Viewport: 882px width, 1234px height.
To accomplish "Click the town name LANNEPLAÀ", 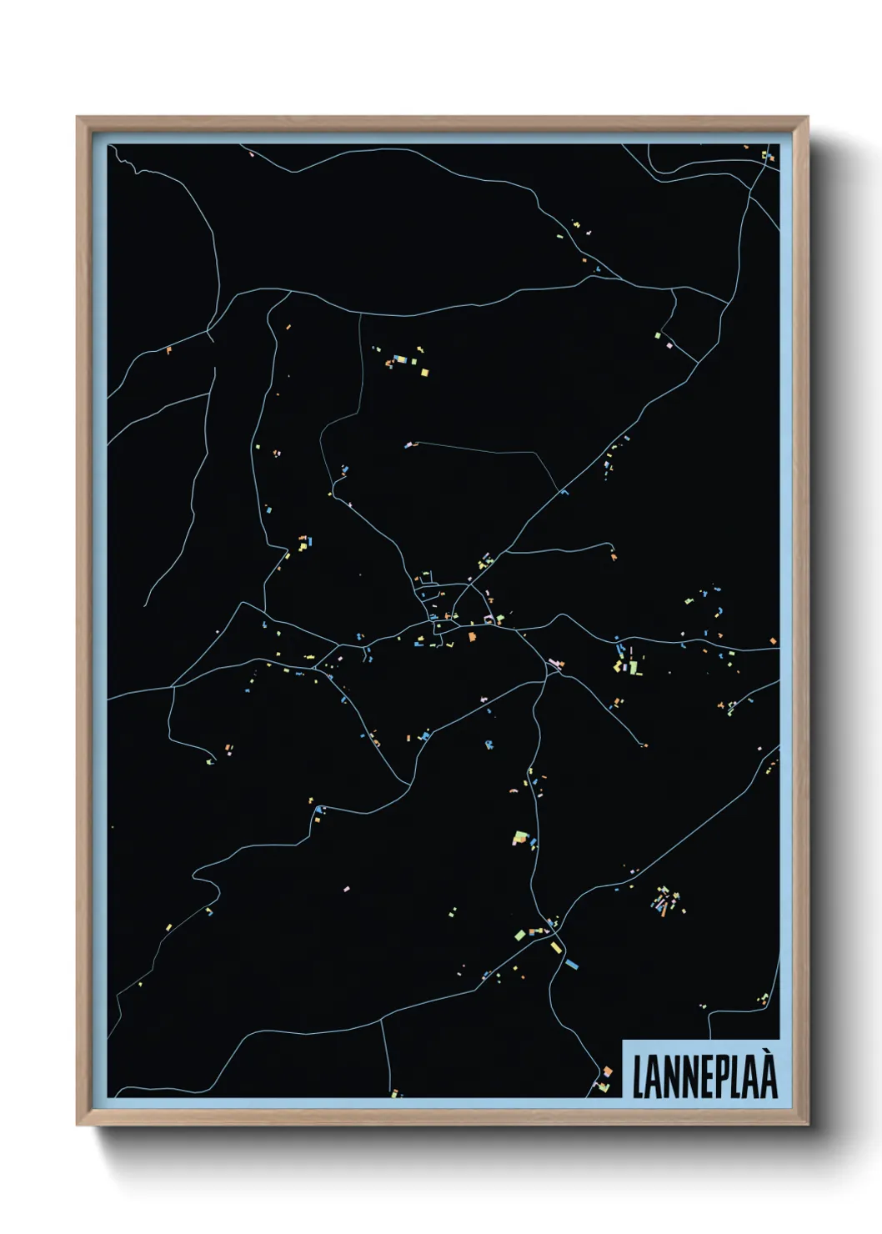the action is pyautogui.click(x=704, y=1076).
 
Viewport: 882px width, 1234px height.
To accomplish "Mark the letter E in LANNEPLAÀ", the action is pyautogui.click(x=702, y=1077).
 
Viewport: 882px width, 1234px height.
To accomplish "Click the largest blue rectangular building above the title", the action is pyautogui.click(x=571, y=964).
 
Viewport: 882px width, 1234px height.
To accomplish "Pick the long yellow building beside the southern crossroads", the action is pyautogui.click(x=554, y=947).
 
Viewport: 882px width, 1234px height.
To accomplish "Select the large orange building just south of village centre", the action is pyautogui.click(x=471, y=637).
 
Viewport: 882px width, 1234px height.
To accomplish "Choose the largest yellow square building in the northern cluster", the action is pyautogui.click(x=423, y=372).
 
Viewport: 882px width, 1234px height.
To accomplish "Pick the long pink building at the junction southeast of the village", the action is pyautogui.click(x=554, y=665).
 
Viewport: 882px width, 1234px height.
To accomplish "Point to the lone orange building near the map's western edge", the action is pyautogui.click(x=168, y=350).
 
